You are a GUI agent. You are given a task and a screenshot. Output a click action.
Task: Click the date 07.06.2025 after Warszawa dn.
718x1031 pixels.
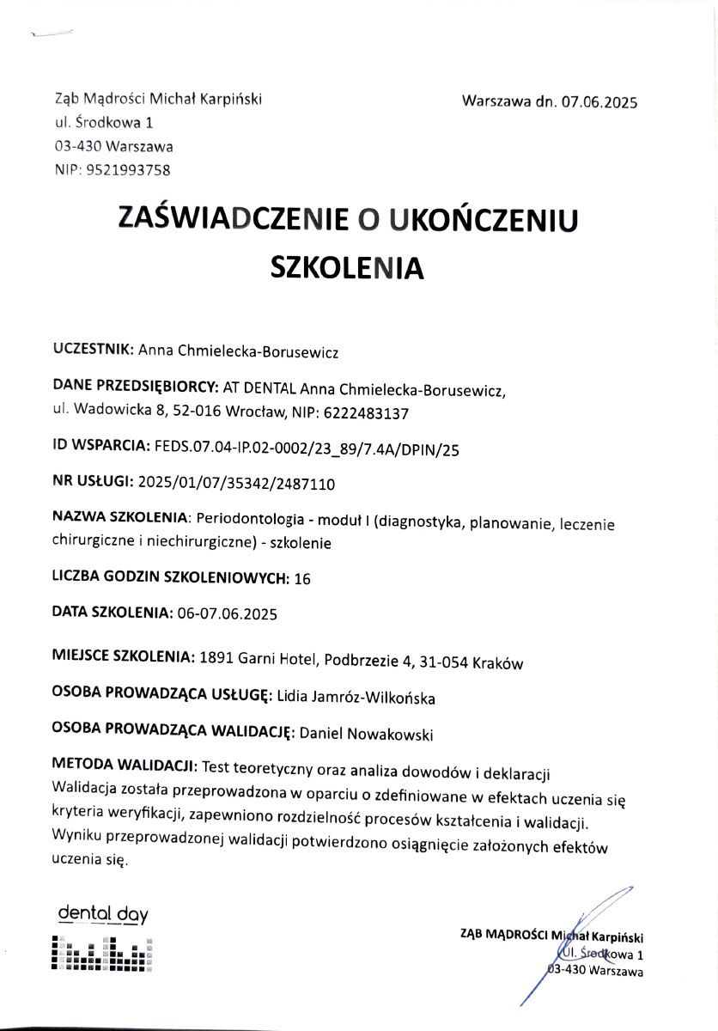tap(599, 101)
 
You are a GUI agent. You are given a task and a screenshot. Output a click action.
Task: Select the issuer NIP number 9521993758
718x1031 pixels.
tap(128, 170)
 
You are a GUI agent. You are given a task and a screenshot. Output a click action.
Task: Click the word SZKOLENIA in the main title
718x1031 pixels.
tap(347, 267)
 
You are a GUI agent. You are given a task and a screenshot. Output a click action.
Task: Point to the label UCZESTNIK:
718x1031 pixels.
tap(93, 350)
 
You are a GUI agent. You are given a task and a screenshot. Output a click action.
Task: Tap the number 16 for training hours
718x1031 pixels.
tap(302, 579)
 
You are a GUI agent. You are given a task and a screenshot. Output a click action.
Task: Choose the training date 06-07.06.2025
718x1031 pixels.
tap(228, 613)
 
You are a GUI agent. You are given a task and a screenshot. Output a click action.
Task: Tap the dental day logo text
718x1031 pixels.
tap(96, 914)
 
